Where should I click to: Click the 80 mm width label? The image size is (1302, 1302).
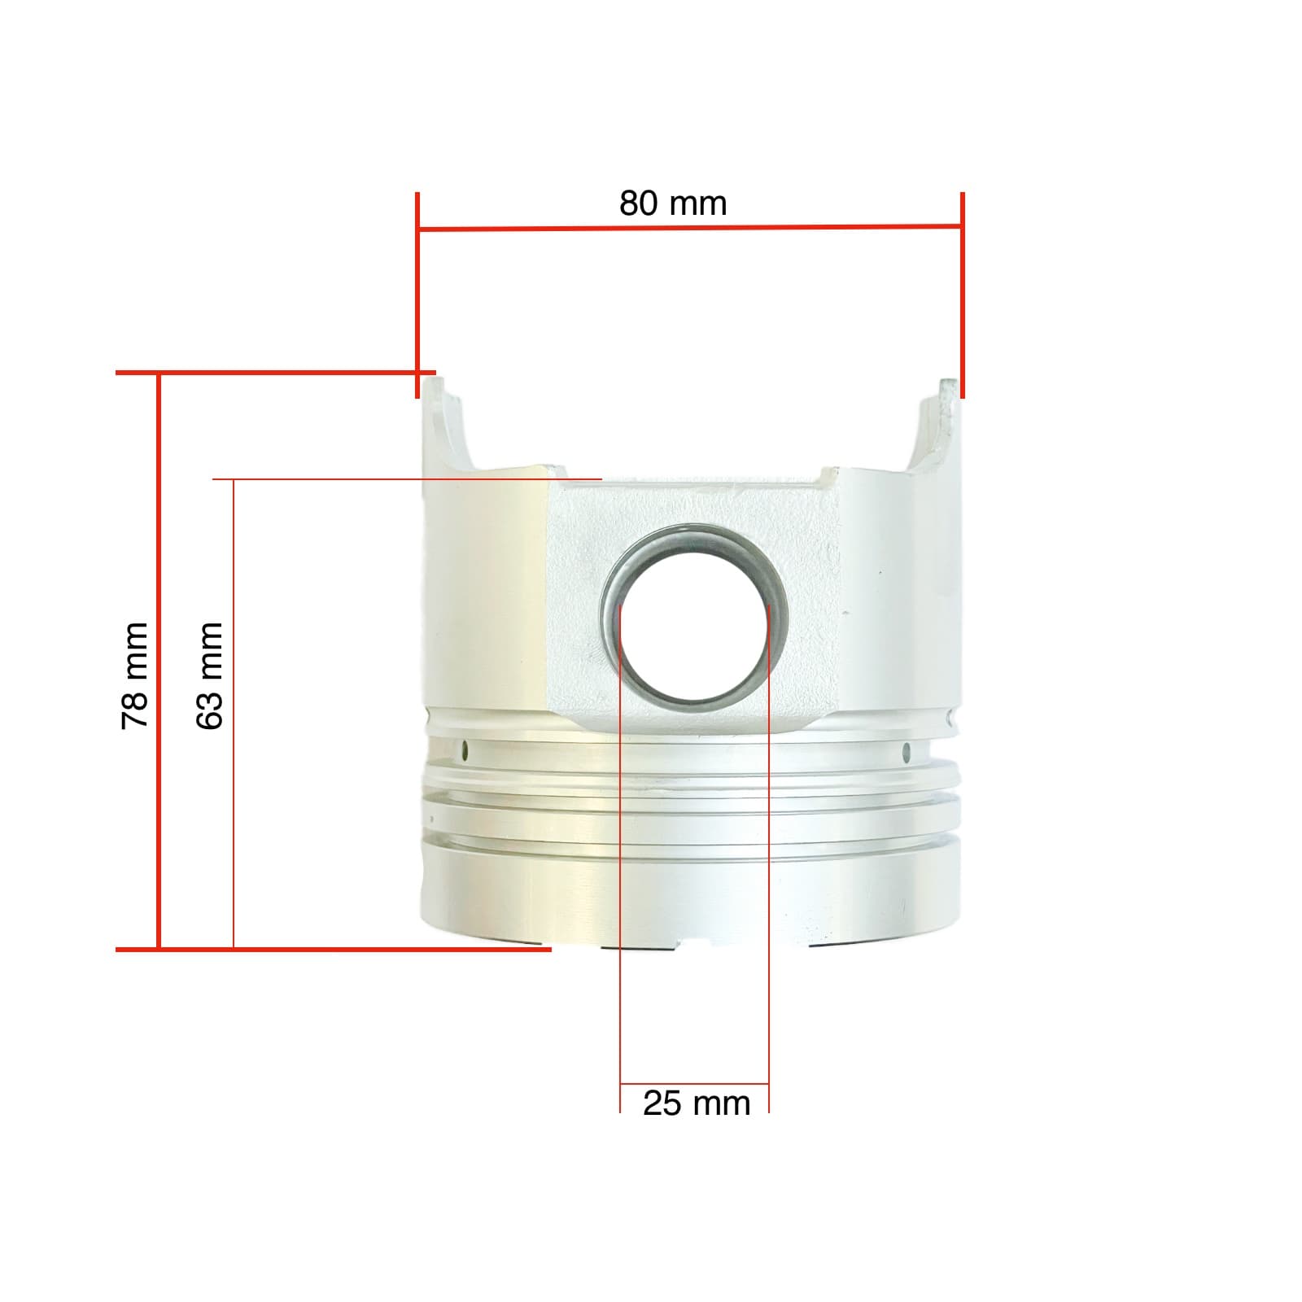672,203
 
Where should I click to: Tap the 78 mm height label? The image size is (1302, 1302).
135,675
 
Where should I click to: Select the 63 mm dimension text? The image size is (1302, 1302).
210,675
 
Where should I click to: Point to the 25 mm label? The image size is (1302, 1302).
696,1103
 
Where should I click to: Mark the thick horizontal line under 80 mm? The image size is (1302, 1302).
688,227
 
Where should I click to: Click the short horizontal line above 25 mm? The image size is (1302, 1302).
694,1084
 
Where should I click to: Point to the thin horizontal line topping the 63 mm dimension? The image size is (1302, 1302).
407,479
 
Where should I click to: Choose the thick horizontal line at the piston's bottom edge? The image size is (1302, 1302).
334,949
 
